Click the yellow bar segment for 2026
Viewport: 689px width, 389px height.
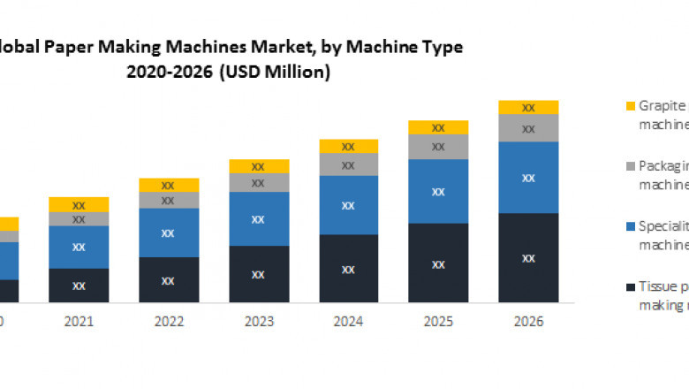point(528,108)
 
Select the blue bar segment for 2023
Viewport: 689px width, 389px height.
point(259,218)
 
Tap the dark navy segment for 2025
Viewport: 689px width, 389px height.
point(438,263)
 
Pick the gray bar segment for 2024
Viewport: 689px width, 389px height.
point(348,164)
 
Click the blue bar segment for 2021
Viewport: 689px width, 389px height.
point(79,247)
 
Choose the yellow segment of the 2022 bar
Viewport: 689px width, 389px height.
point(169,185)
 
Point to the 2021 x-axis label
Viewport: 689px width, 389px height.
point(79,321)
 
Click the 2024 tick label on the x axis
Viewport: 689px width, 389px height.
point(348,321)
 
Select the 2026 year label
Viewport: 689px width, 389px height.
point(528,321)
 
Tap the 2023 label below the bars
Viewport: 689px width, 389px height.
point(259,321)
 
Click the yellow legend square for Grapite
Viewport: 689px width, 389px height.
point(630,106)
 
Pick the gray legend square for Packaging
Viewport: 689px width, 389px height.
point(630,165)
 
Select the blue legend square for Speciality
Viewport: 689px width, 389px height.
point(630,225)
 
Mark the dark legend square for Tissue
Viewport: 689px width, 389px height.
point(630,286)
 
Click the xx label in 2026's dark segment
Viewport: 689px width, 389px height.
point(528,258)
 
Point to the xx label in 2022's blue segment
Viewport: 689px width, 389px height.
point(169,233)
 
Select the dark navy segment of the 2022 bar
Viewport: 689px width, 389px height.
point(169,280)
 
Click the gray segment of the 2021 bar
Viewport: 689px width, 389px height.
point(79,219)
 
